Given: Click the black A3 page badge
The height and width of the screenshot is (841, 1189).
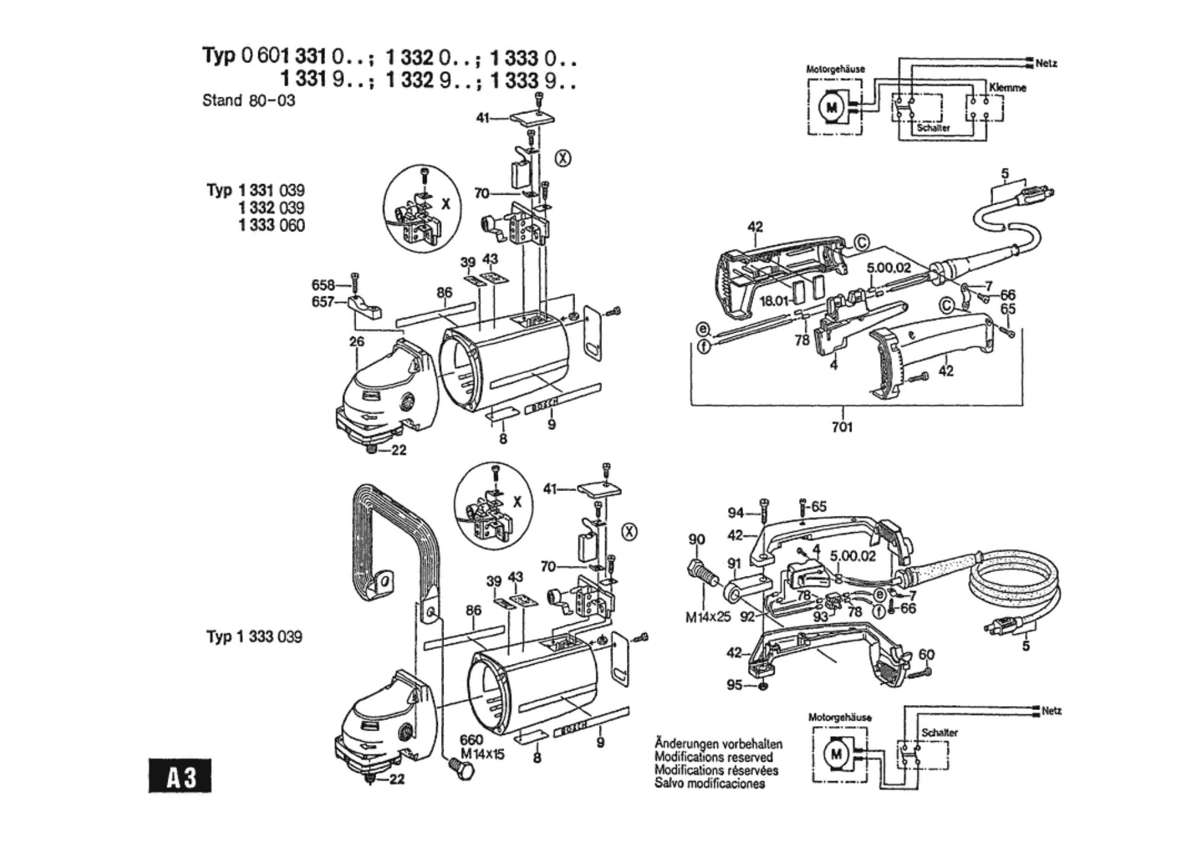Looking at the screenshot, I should [x=180, y=776].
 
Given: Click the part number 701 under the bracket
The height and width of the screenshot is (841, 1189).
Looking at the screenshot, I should [x=842, y=427].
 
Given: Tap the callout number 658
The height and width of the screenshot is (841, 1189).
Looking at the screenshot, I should [x=323, y=286].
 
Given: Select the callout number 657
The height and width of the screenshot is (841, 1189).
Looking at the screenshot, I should [x=323, y=303].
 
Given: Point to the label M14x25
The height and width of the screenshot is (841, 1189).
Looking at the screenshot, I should [x=707, y=618].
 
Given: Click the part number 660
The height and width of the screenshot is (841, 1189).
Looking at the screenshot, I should [x=471, y=739].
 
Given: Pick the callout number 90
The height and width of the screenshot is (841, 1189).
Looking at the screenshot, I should [x=696, y=540].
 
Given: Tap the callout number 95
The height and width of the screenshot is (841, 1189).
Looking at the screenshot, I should [x=734, y=685].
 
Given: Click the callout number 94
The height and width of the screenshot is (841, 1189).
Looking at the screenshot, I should [x=736, y=513].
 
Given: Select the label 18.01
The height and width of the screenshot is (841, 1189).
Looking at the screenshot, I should [x=774, y=301].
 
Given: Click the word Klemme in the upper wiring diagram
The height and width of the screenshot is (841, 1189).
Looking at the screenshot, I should [x=1007, y=88].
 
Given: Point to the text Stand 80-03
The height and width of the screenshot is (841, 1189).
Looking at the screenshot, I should [x=248, y=100].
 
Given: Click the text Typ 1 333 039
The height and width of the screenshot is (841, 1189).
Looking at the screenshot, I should [x=255, y=637].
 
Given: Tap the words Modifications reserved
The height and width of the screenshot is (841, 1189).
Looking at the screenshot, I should [x=713, y=757].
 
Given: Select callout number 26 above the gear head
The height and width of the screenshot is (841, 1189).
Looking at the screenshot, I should [x=357, y=341].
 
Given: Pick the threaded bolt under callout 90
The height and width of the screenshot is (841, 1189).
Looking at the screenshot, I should [x=702, y=573].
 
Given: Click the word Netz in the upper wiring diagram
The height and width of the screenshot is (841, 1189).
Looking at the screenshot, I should [x=1046, y=64].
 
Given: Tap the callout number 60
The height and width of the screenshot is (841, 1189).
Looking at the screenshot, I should [x=926, y=654].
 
